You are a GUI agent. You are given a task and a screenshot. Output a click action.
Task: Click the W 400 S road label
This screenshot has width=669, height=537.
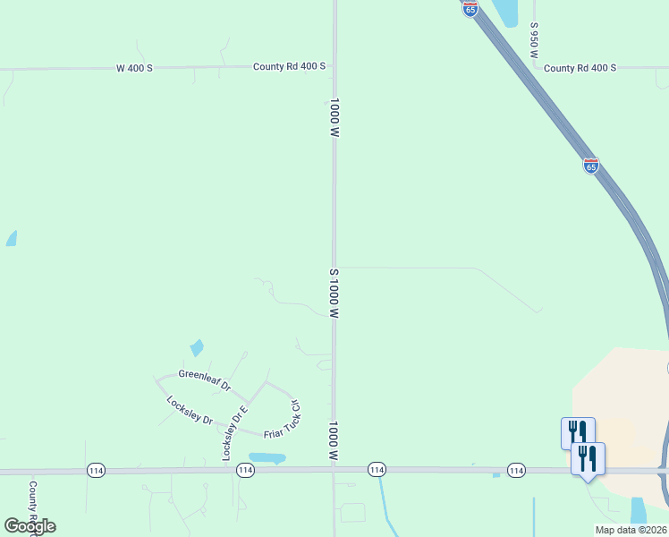[134, 68]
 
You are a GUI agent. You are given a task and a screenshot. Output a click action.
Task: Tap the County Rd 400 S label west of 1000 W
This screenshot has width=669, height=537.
[289, 66]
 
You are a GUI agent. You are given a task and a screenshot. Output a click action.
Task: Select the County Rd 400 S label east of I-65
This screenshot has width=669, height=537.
[580, 68]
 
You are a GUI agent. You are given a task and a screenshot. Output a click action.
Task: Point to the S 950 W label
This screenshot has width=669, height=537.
[533, 41]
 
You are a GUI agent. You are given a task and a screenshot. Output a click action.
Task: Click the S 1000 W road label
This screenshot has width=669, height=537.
[334, 294]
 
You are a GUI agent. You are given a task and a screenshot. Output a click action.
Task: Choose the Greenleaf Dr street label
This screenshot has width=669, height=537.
[205, 380]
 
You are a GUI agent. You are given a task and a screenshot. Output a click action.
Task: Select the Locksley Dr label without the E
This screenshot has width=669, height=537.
[190, 409]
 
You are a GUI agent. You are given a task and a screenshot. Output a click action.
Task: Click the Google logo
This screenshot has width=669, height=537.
[30, 525]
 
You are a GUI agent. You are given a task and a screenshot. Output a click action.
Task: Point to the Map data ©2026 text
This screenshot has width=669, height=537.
[631, 530]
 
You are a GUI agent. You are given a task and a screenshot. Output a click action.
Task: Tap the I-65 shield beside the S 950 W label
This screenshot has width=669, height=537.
[470, 8]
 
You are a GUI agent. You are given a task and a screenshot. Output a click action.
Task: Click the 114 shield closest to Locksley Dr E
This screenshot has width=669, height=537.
[246, 470]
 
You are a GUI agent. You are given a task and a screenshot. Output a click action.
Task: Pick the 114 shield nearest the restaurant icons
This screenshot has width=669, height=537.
[516, 470]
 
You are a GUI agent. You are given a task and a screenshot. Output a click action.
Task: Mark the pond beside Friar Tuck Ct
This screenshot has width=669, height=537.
[267, 458]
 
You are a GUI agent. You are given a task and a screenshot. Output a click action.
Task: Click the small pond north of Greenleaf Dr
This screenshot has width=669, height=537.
[197, 347]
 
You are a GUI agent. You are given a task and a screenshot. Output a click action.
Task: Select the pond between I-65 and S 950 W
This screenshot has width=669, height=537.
[506, 12]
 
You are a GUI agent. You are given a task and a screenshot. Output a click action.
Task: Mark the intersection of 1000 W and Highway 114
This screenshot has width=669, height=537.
[334, 470]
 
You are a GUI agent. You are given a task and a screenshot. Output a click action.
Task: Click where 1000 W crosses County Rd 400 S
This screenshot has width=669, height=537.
[334, 66]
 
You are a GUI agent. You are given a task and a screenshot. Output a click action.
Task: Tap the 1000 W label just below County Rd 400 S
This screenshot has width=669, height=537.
[334, 117]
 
